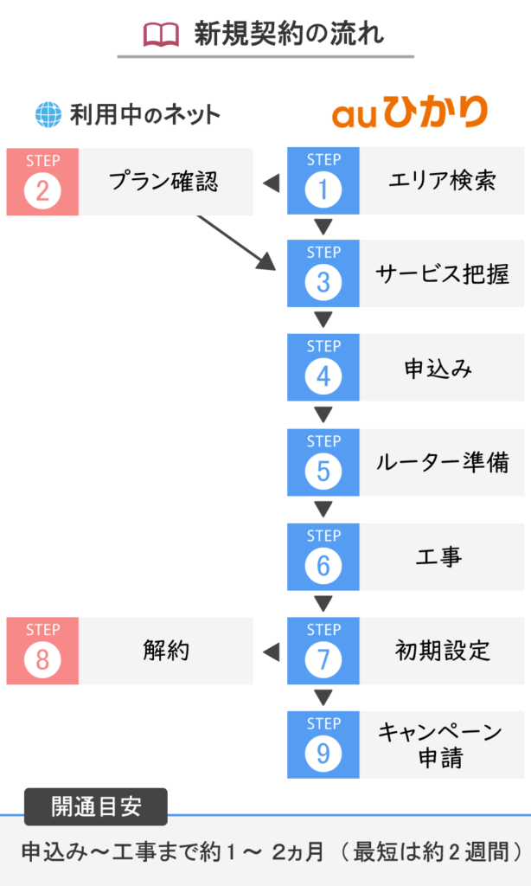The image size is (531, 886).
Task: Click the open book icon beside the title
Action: (161, 35)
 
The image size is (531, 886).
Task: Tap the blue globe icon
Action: (48, 115)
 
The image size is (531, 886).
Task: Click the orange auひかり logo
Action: (410, 112)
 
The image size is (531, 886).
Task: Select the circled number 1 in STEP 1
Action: (323, 189)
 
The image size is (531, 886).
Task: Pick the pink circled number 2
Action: (42, 190)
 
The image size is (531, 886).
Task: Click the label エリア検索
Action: (442, 181)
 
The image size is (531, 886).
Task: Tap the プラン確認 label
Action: (163, 182)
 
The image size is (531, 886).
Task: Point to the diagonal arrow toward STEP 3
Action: (236, 242)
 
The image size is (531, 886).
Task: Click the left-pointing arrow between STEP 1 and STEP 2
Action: (272, 183)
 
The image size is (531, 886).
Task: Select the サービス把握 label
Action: (442, 274)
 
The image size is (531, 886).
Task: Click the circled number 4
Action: (323, 376)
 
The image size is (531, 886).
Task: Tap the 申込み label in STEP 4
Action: (438, 369)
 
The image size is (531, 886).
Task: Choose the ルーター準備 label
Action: (442, 462)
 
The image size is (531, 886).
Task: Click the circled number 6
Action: (323, 566)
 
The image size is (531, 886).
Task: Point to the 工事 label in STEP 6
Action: (439, 557)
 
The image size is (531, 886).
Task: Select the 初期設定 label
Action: (442, 651)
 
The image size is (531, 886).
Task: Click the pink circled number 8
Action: (42, 660)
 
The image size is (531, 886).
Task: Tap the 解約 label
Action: (165, 651)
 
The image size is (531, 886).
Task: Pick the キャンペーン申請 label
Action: (440, 745)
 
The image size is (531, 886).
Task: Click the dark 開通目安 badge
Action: (95, 807)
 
